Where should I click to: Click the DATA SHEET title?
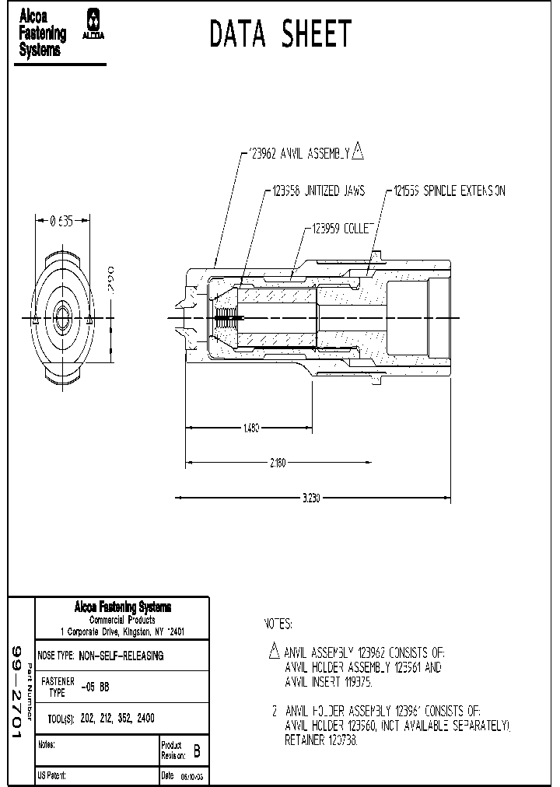281,34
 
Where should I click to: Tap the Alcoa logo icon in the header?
94,24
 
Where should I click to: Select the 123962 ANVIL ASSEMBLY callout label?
296,153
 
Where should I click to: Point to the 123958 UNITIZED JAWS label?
318,191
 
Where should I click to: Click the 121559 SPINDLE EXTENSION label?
449,191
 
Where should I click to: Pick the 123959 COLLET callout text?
343,229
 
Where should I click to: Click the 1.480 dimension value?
250,428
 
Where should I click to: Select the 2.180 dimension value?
278,463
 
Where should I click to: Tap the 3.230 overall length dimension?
310,498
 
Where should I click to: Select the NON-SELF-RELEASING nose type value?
121,656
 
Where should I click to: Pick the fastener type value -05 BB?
94,687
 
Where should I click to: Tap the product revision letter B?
196,751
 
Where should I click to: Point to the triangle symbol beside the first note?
273,650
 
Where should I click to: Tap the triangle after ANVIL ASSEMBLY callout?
358,151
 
